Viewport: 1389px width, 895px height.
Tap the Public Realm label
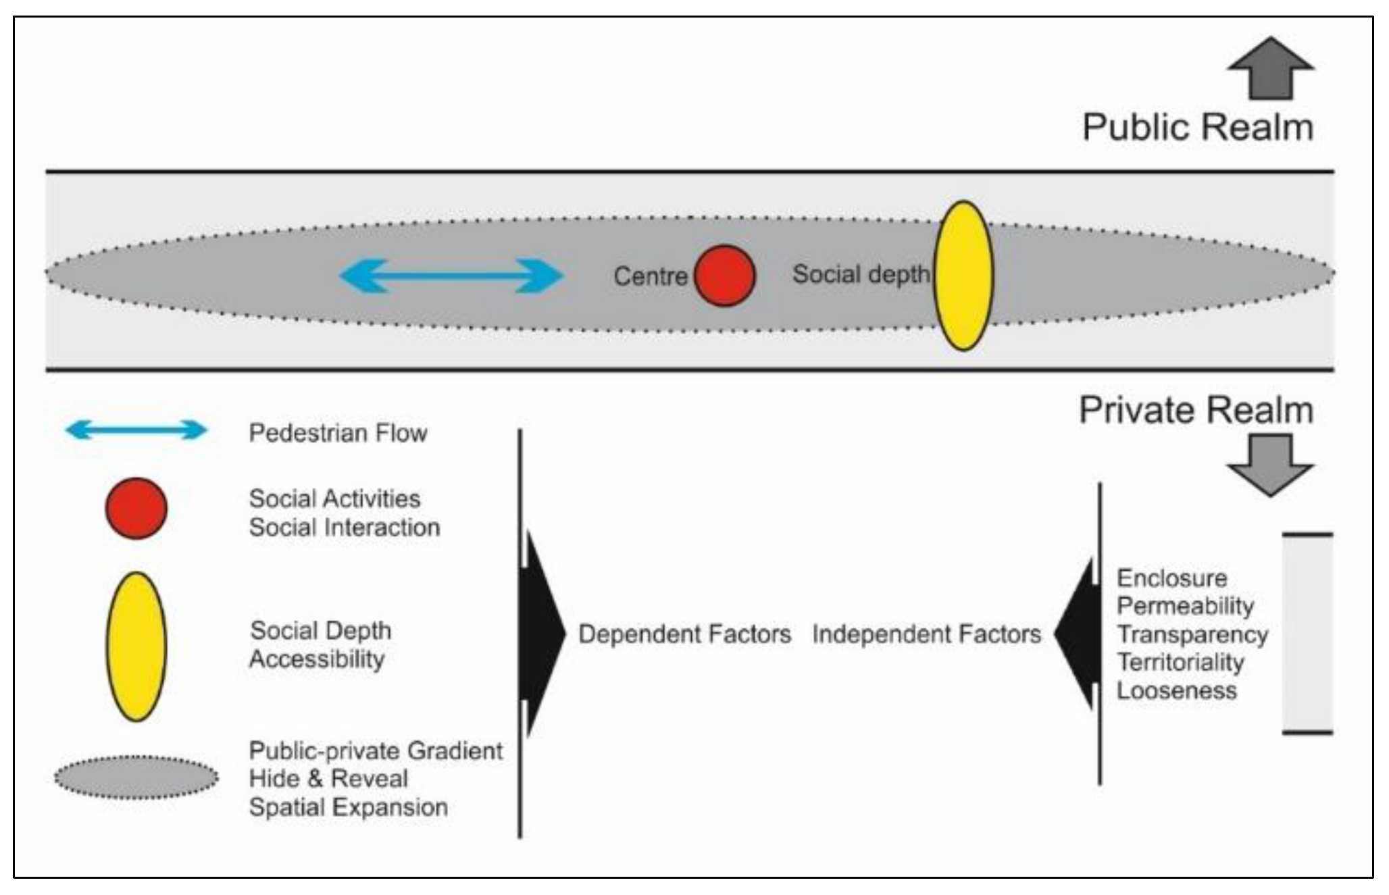coord(1197,127)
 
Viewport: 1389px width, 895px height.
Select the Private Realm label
coord(1195,410)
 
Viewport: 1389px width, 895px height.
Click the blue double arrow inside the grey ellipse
coord(451,276)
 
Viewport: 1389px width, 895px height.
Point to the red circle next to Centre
coord(725,276)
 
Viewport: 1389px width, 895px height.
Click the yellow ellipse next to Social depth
coord(963,276)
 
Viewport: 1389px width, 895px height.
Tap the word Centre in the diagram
coord(650,276)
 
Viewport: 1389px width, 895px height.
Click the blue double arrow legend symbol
coord(136,430)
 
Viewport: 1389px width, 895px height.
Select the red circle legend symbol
coord(136,509)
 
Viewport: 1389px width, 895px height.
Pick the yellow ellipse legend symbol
coord(136,646)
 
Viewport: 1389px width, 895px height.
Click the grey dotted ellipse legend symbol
coord(136,777)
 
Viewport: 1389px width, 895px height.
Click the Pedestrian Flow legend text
coord(338,433)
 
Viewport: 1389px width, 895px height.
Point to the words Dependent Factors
coord(684,634)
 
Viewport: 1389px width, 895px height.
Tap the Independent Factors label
coord(926,634)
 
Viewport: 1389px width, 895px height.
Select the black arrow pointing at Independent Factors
coord(1078,634)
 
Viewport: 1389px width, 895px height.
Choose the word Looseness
coord(1176,690)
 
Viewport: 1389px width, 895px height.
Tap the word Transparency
coord(1192,634)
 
